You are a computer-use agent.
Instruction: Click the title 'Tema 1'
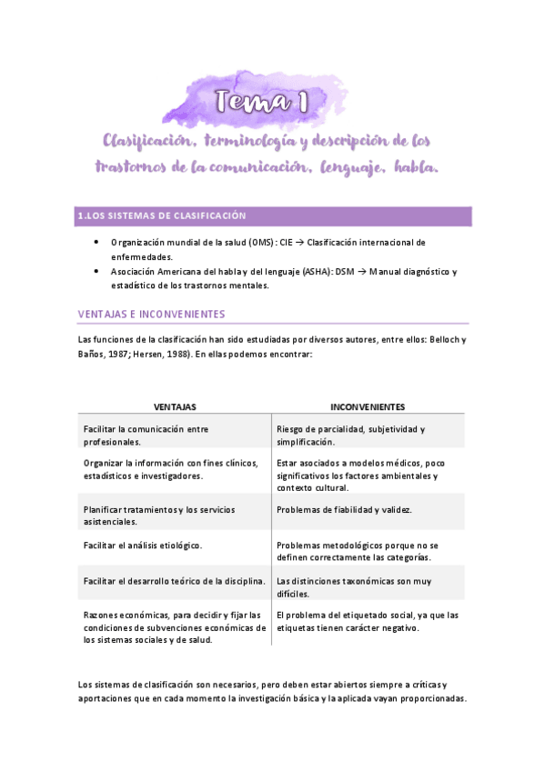coord(262,103)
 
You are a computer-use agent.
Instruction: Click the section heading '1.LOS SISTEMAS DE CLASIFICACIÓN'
coord(164,215)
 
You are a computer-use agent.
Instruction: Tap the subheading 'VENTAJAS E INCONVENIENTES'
coord(151,314)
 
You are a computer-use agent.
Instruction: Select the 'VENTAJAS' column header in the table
coord(175,406)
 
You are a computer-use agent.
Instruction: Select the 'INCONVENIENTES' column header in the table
coord(368,406)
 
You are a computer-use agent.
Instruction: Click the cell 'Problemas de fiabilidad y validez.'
coord(344,509)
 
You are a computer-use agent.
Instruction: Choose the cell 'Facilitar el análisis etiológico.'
coord(142,545)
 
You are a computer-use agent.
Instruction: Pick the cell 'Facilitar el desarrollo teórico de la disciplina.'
coord(173,580)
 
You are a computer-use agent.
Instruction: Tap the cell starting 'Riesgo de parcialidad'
coord(350,435)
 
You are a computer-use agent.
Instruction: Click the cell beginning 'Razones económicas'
coord(173,626)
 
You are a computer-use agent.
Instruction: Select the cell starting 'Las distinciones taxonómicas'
coord(353,586)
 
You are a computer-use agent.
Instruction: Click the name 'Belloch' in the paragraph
coord(445,340)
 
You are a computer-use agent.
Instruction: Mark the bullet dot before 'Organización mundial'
coord(96,243)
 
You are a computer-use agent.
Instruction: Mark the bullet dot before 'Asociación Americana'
coord(96,272)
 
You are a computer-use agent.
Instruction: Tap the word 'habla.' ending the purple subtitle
coord(418,168)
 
